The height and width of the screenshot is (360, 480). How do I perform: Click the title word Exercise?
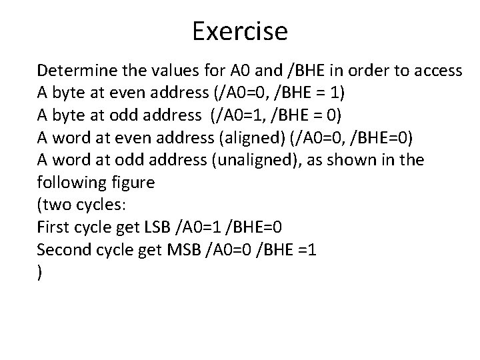click(x=240, y=31)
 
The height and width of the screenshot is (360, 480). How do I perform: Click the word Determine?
click(x=73, y=70)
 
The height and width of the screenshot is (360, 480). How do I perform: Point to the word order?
click(x=367, y=70)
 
